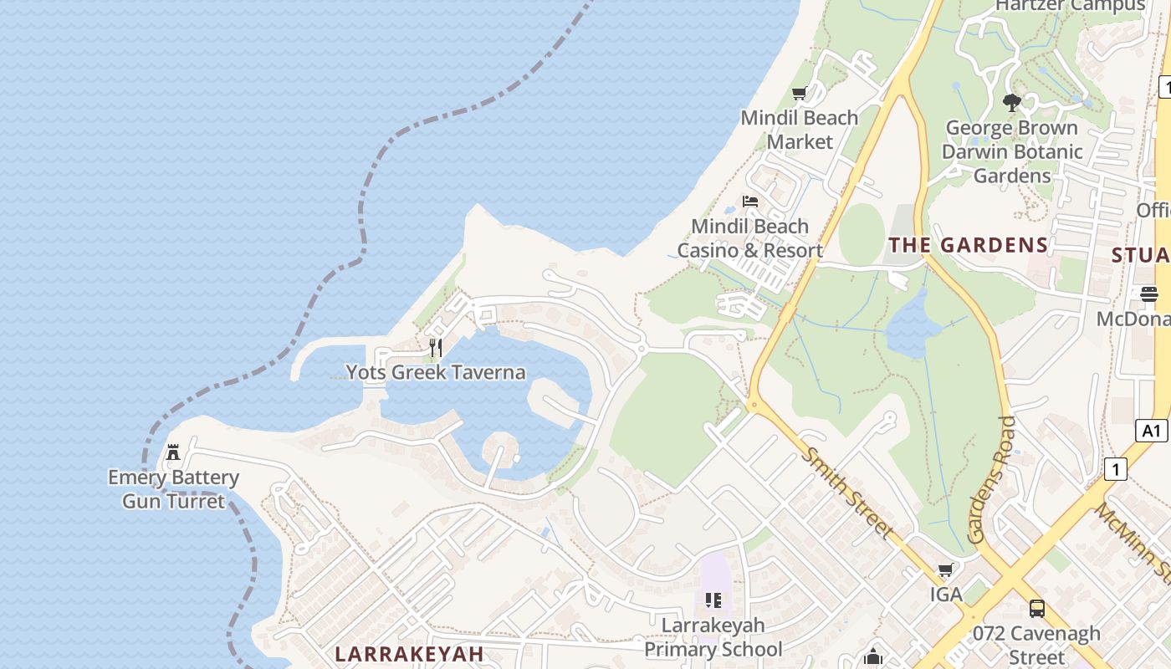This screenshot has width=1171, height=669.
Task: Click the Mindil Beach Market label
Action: tap(800, 130)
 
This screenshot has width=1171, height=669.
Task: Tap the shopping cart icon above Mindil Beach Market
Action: tap(800, 94)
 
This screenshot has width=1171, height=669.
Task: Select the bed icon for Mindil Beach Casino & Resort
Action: tap(750, 202)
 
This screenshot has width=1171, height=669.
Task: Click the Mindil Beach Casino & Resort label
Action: tap(750, 238)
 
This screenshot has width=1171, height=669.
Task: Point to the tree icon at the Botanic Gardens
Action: tap(1012, 103)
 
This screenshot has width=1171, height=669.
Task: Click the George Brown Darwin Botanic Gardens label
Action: tap(1012, 151)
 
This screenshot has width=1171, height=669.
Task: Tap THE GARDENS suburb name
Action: tap(968, 245)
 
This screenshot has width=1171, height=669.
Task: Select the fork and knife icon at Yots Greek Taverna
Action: tap(435, 347)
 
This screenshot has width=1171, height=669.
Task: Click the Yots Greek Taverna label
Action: tap(436, 372)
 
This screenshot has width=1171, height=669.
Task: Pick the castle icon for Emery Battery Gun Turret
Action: tap(173, 452)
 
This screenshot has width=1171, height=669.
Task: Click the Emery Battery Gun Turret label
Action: tap(173, 489)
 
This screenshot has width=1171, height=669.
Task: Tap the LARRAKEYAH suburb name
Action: tap(409, 654)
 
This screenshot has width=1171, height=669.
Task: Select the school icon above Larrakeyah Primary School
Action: tap(713, 600)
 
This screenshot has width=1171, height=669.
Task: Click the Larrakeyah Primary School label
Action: tap(713, 637)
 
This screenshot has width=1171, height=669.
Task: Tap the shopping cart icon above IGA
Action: tap(946, 570)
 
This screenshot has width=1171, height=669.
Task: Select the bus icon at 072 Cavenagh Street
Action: tap(1037, 608)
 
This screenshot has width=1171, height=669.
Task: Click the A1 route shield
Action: tap(1152, 431)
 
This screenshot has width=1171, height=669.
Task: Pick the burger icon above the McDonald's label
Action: tap(1149, 294)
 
